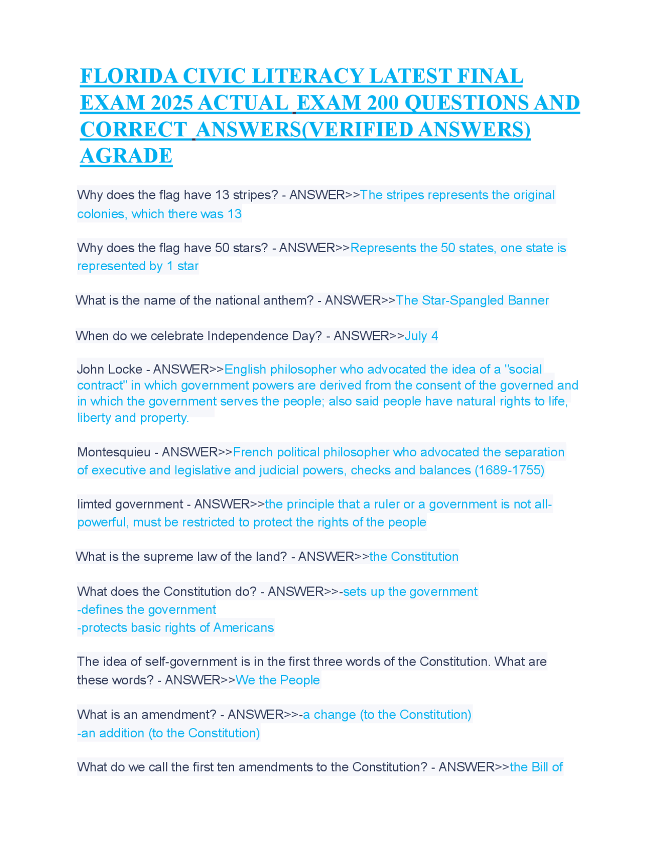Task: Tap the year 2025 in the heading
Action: click(172, 103)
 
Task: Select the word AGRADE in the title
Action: click(126, 156)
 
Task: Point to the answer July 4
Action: click(421, 336)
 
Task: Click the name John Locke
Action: click(110, 369)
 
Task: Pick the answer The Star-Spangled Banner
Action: click(472, 300)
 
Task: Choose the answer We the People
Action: click(278, 680)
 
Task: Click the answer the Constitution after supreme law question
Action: click(414, 557)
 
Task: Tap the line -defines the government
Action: click(147, 610)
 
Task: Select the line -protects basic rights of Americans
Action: click(175, 628)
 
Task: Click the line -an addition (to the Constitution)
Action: click(169, 733)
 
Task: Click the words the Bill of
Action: click(536, 767)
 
